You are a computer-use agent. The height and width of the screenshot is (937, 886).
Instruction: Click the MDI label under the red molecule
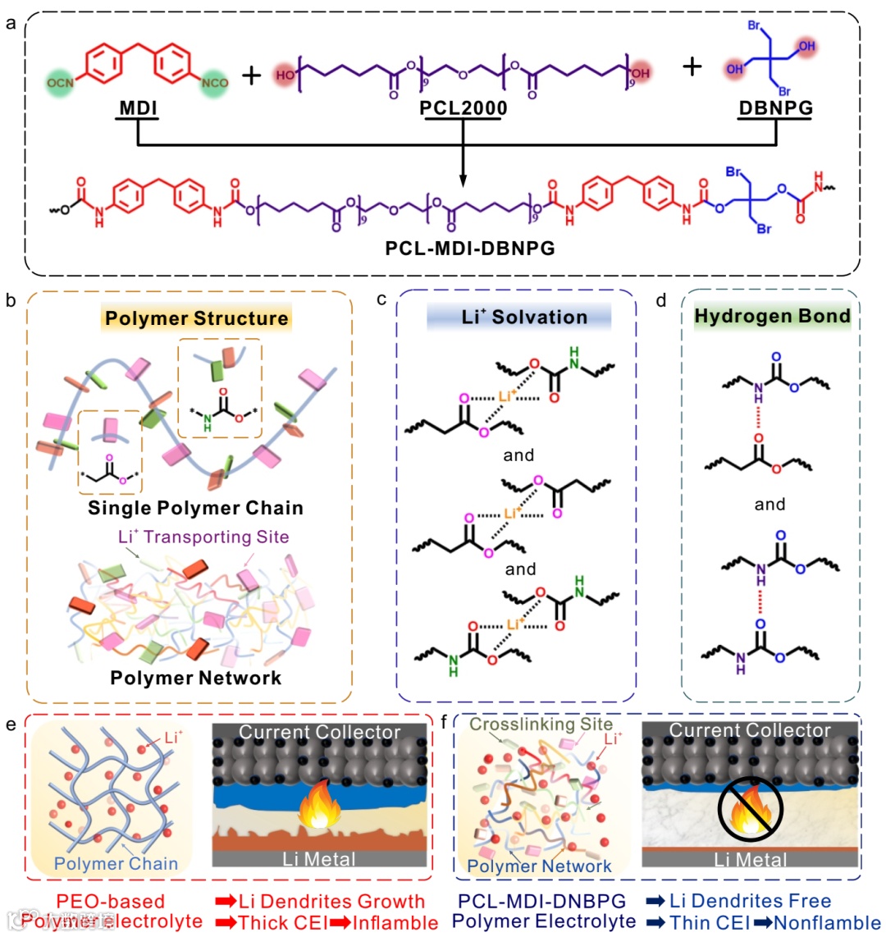(x=138, y=107)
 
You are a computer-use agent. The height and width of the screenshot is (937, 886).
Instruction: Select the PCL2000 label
(x=464, y=107)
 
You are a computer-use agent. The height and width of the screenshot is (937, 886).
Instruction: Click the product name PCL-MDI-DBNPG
(x=470, y=247)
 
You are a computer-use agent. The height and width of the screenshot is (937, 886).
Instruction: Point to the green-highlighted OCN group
(x=61, y=83)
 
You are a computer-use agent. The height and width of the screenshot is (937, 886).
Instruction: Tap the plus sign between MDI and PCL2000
(x=251, y=75)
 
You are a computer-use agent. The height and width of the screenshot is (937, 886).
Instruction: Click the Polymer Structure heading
(x=196, y=318)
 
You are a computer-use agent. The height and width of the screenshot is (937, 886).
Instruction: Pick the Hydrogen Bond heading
(x=772, y=317)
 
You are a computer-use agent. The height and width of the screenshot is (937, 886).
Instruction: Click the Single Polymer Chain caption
(x=195, y=508)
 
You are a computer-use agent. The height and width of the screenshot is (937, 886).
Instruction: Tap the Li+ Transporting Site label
(x=203, y=537)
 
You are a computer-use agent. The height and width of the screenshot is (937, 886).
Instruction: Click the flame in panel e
(x=321, y=806)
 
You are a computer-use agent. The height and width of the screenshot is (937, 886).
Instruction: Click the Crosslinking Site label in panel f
(x=541, y=724)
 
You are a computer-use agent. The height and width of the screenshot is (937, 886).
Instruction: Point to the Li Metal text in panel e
(x=319, y=859)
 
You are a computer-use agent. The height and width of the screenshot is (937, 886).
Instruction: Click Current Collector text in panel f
(x=750, y=730)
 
